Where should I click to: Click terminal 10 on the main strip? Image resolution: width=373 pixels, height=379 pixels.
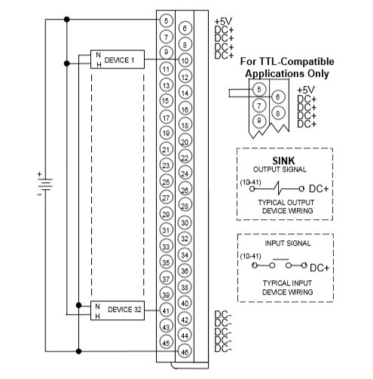pos(185,60)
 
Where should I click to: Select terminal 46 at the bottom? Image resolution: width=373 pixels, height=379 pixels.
pos(185,352)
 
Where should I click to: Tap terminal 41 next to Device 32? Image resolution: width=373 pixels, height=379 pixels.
pos(166,310)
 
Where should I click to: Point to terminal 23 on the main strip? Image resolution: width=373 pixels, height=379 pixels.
pos(166,166)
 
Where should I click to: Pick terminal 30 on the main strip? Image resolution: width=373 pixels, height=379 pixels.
pos(185,222)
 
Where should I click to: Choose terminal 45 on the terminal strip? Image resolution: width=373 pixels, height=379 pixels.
pos(166,343)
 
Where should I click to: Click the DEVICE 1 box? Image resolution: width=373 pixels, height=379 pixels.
pos(118,60)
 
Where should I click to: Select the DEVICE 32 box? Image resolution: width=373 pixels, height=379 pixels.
pos(118,310)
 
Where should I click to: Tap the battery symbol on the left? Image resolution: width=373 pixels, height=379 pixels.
pos(45,185)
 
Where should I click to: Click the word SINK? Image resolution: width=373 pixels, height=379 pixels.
pos(283,160)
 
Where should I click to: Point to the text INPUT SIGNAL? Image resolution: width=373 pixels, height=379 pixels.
pos(288,243)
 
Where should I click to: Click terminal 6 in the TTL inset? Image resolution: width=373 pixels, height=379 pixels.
pos(278,97)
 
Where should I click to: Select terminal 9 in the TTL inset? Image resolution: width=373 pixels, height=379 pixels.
pos(259,121)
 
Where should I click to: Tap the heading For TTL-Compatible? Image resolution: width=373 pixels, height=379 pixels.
pos(287,62)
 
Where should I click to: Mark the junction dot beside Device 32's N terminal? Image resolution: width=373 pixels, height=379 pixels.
pos(78,305)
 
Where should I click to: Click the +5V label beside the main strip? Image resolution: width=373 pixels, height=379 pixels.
pos(223,21)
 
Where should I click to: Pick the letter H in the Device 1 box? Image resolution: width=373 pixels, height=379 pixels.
pos(99,65)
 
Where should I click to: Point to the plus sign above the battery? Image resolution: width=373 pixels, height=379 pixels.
pos(39,174)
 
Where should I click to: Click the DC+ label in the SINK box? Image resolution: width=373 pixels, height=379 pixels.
pos(319,188)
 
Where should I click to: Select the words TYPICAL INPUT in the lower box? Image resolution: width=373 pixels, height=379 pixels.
pos(287,283)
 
